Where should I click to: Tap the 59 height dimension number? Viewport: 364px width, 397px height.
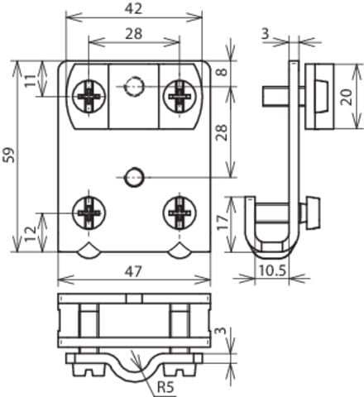click(9, 155)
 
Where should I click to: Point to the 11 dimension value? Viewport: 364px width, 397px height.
click(31, 80)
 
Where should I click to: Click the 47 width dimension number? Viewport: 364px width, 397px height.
click(133, 270)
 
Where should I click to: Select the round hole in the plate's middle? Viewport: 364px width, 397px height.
click(133, 175)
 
